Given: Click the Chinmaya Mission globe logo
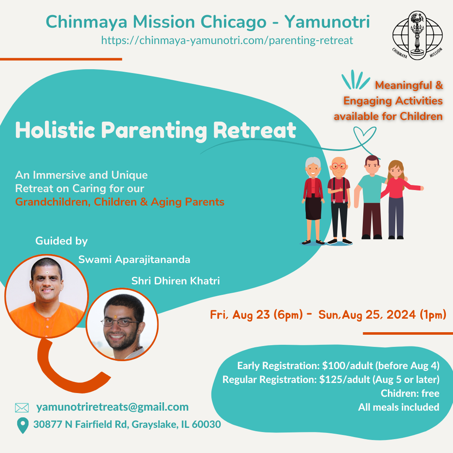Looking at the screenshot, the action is click(417, 36).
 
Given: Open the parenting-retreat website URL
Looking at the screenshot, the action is click(227, 40).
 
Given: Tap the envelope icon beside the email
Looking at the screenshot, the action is click(22, 408).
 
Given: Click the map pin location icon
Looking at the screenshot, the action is click(23, 425).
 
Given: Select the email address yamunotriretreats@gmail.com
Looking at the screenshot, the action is click(112, 407).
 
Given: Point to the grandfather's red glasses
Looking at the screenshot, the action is click(339, 166).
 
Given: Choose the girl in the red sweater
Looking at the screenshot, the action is click(401, 199).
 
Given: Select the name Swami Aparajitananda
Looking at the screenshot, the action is click(134, 260).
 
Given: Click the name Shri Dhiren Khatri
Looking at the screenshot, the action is click(176, 281).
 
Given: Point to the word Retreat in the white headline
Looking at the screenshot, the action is click(255, 130).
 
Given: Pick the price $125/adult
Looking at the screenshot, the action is click(345, 380).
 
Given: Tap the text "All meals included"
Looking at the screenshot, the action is click(399, 407).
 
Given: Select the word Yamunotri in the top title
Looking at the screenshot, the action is click(327, 22).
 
